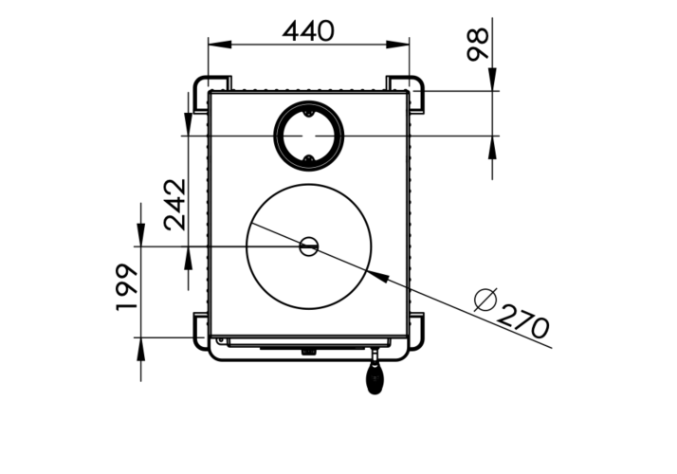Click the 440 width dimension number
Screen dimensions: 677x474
(x=308, y=31)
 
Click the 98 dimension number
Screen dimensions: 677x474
(x=478, y=44)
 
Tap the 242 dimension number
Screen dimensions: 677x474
(x=174, y=205)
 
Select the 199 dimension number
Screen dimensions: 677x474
(x=126, y=287)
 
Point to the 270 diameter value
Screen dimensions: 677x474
(x=523, y=321)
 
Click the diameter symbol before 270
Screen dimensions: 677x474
(x=485, y=300)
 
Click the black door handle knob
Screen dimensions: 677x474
(x=375, y=377)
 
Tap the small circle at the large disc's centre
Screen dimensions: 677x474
(x=309, y=246)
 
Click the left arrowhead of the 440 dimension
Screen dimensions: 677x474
(x=220, y=45)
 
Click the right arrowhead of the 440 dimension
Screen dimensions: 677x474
(x=397, y=45)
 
